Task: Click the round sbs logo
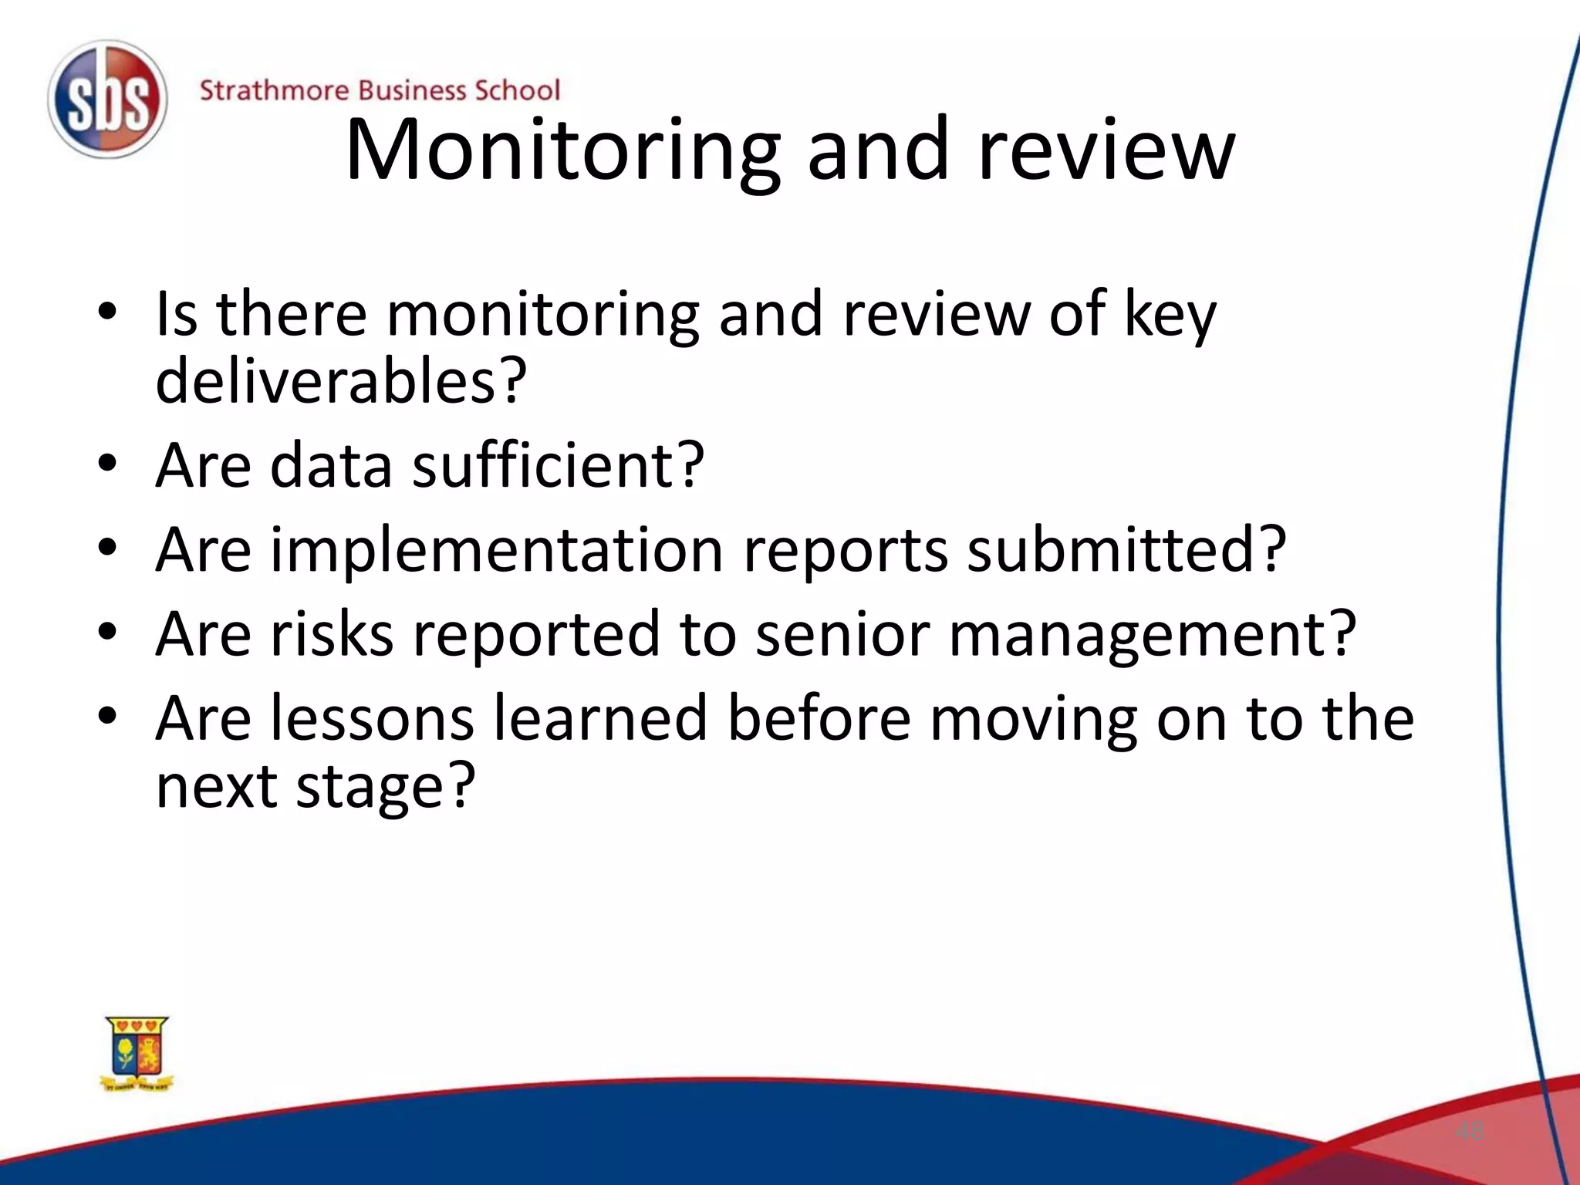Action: (x=107, y=100)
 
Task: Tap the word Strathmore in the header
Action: (x=274, y=90)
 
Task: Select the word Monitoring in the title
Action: (x=562, y=151)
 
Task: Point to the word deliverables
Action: (x=340, y=380)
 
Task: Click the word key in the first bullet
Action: (x=1170, y=316)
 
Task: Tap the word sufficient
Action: (x=558, y=465)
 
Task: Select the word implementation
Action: (x=496, y=550)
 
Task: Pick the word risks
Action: (x=332, y=633)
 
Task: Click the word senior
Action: (x=842, y=633)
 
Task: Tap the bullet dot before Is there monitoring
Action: (x=107, y=312)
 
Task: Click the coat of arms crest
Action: (x=137, y=1053)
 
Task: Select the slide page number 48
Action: (x=1470, y=1132)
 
